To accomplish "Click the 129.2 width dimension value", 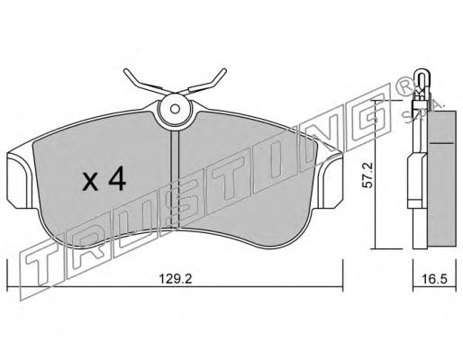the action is (176, 279).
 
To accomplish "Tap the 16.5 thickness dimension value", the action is (434, 279).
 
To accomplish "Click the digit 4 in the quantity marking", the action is (117, 178).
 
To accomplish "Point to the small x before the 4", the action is (90, 182).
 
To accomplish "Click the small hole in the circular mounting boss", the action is (175, 109).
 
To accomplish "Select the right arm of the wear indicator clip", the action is (207, 81).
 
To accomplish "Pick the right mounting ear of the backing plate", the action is (331, 183).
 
